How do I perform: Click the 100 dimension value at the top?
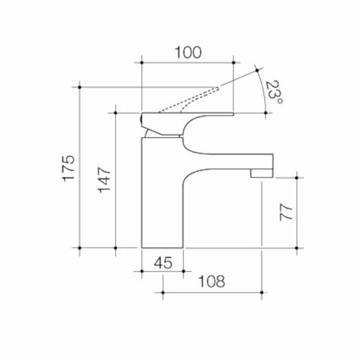click(187, 52)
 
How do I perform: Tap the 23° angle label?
click(275, 94)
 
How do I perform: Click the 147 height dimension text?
click(104, 180)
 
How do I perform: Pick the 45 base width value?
click(162, 262)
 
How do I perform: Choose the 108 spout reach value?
click(212, 281)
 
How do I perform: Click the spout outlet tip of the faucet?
click(262, 173)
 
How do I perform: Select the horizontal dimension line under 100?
click(187, 61)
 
